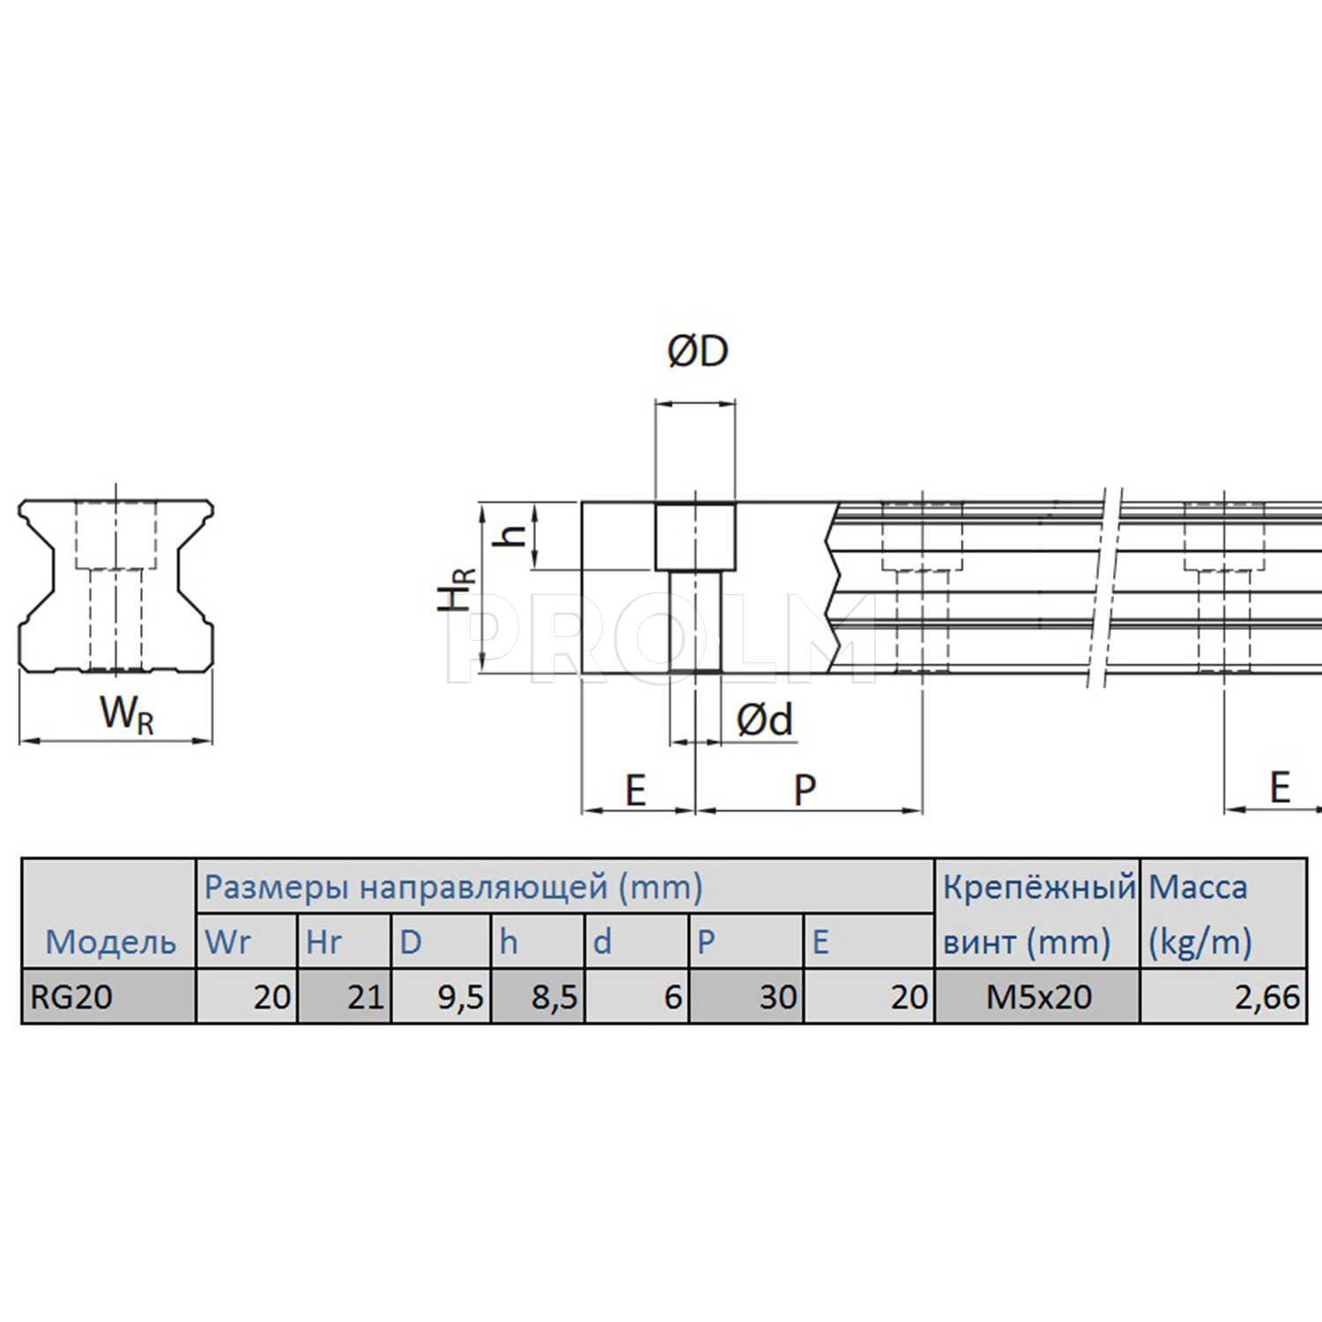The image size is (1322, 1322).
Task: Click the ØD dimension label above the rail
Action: point(698,351)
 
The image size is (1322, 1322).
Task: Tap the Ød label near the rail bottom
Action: point(765,720)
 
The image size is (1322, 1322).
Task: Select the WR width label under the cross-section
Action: point(127,713)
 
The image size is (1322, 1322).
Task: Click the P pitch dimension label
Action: point(805,790)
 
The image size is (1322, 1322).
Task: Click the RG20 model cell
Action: point(71,997)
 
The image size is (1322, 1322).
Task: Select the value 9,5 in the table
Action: point(461,998)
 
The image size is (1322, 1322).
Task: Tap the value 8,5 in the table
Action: point(554,998)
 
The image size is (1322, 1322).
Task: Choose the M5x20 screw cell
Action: point(1039,997)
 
